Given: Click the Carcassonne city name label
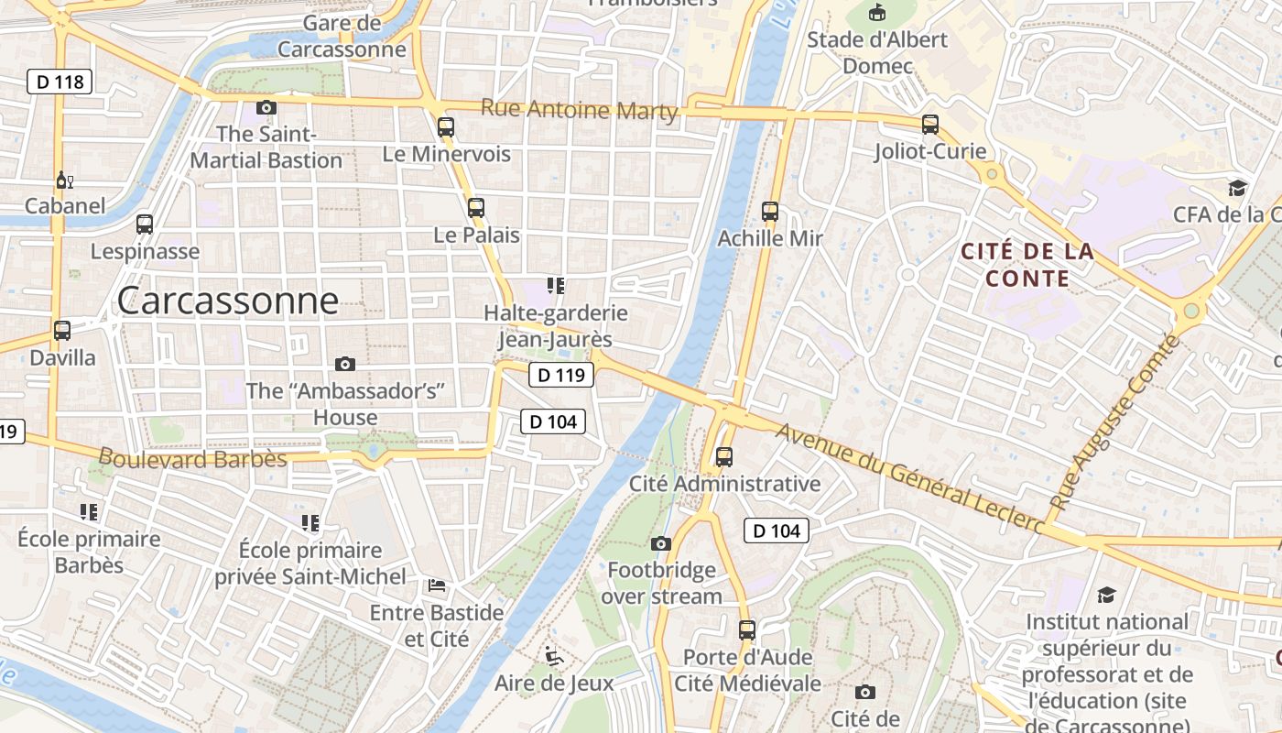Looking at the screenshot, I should [x=228, y=301].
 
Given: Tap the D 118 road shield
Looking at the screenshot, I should [x=60, y=82].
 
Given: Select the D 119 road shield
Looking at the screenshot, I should [x=561, y=374].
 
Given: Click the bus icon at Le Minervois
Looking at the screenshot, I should [x=446, y=127].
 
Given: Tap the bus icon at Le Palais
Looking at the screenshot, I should [x=475, y=208].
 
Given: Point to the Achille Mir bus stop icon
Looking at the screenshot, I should [x=769, y=212].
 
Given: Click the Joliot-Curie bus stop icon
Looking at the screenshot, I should [x=930, y=125].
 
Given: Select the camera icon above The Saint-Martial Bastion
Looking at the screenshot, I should [x=266, y=108].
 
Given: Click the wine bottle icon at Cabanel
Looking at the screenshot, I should [x=64, y=180].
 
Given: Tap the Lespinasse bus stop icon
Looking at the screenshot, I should [x=145, y=224].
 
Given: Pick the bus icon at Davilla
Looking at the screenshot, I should [x=62, y=331].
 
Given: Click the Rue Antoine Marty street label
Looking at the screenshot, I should [x=579, y=110].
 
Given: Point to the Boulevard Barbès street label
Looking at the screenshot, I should [x=192, y=458].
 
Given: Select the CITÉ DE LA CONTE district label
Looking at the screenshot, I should [x=1027, y=265].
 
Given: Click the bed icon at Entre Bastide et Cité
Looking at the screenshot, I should [x=437, y=585].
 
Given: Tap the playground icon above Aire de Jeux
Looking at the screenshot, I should [x=553, y=656].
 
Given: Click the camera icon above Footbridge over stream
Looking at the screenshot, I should [x=661, y=544].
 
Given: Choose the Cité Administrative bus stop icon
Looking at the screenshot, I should [x=724, y=456].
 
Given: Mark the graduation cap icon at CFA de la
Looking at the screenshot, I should [x=1238, y=188].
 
